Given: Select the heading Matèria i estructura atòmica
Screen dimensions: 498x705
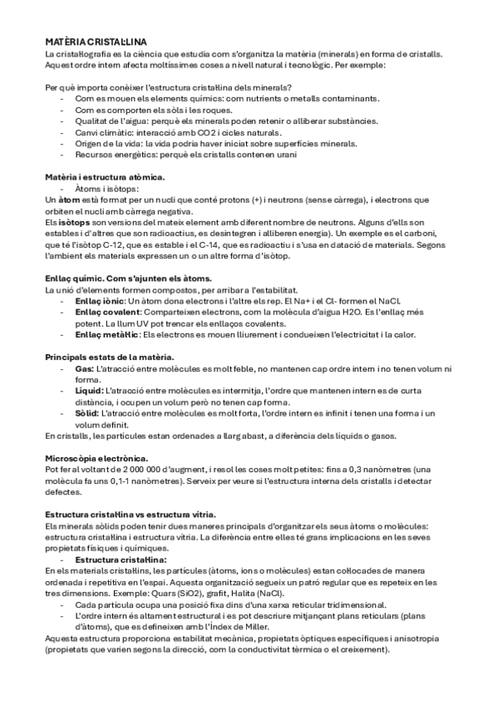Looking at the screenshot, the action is coord(105,177).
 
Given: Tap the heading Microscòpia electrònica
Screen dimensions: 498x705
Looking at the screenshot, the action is coord(96,458).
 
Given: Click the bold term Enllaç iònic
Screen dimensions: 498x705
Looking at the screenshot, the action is coord(101,300).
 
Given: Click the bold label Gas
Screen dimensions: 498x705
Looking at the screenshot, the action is coord(83,368).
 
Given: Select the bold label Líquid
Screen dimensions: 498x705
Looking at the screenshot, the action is coord(88,390).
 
